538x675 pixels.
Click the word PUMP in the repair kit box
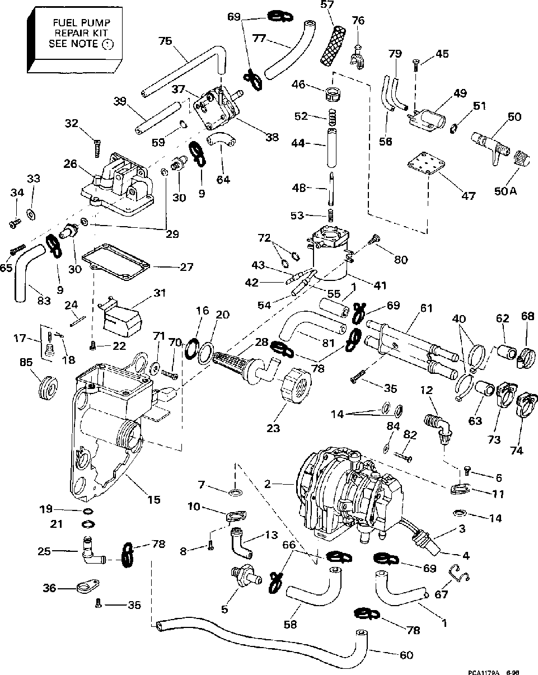96,23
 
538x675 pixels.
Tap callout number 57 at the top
327,6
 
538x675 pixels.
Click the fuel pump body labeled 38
217,110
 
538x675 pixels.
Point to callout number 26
71,164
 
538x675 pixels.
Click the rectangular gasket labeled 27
116,261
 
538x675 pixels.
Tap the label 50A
505,191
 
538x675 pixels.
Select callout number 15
154,500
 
